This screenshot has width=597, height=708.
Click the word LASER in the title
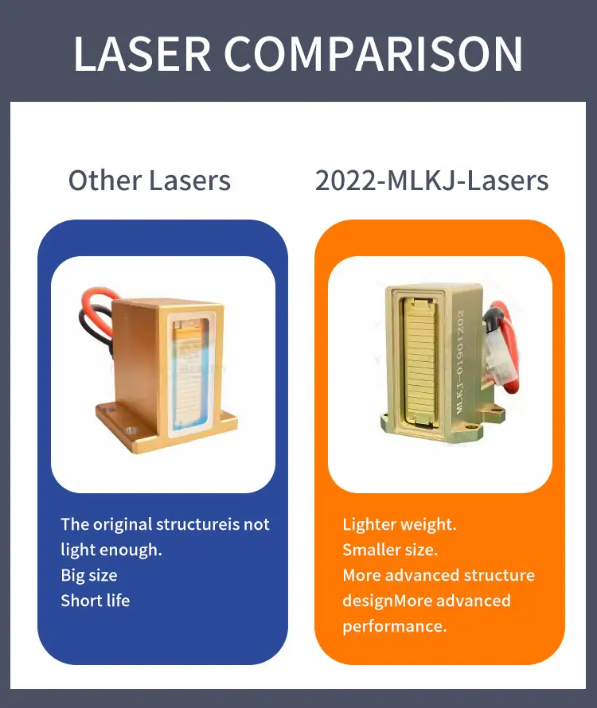click(x=142, y=54)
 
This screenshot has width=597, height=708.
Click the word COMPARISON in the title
click(x=374, y=54)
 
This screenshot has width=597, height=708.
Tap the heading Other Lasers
click(x=150, y=180)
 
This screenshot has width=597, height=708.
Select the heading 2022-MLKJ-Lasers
click(x=431, y=180)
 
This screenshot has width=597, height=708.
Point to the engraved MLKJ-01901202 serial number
click(x=460, y=362)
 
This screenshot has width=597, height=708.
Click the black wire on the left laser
click(x=95, y=328)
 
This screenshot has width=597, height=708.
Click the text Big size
click(x=89, y=575)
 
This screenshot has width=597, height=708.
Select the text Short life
click(x=96, y=601)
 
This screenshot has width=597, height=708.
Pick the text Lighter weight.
click(x=400, y=524)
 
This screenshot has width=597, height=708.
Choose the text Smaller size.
click(x=390, y=550)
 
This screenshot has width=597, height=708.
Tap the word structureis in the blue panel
click(x=197, y=524)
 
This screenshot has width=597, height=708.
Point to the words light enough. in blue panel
click(x=111, y=550)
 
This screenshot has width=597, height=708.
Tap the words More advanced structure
click(x=439, y=575)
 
